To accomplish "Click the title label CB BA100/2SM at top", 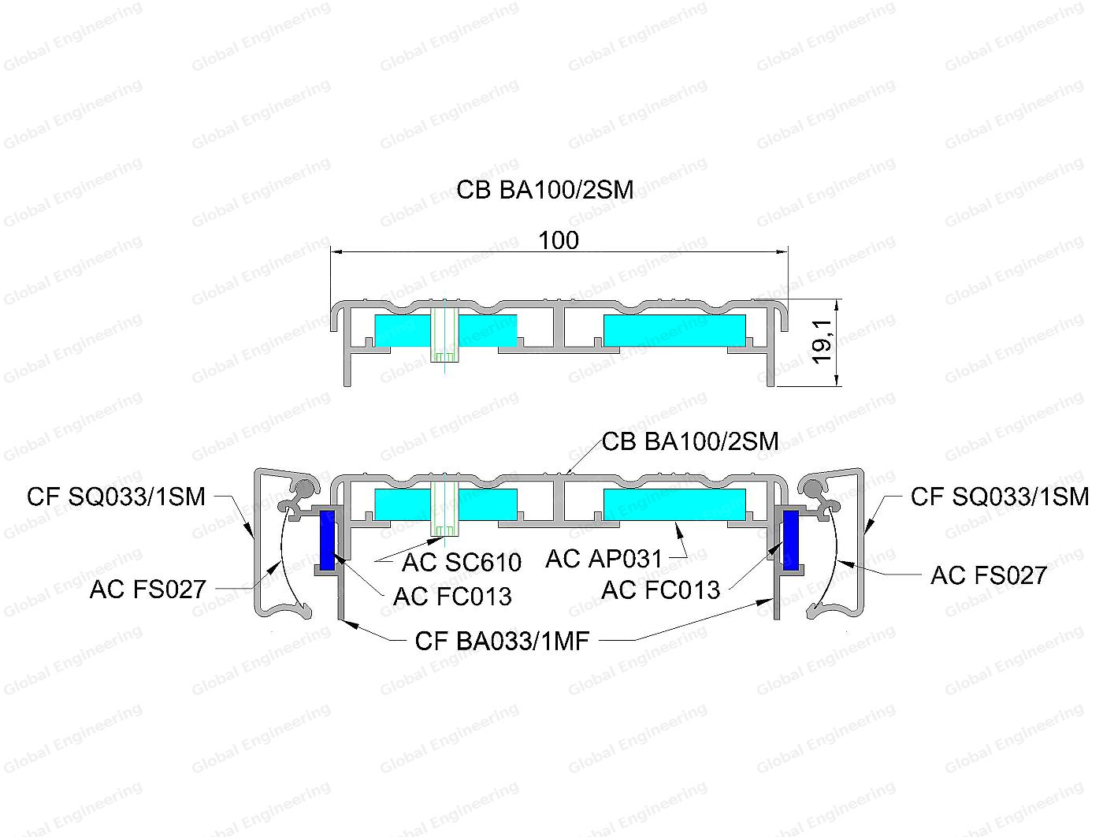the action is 544,190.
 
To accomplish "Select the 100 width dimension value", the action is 559,240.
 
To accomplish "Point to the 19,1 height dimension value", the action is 822,341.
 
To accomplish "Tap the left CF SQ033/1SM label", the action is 116,497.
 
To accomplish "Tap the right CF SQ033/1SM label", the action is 1000,497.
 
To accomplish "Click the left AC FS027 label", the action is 148,590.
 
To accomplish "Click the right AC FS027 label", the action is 989,575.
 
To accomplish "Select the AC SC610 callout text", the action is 462,562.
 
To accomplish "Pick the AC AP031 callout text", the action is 604,559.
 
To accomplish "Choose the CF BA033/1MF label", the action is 502,642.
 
